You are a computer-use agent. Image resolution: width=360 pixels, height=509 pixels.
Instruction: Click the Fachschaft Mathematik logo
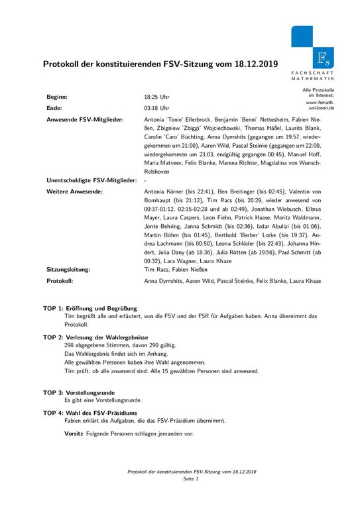pos(316,50)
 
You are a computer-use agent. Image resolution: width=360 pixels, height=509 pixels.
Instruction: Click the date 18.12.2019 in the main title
pos(254,65)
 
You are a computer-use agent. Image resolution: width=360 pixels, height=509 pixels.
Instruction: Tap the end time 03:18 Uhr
pos(156,107)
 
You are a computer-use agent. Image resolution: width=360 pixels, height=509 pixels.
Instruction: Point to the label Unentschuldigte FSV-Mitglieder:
pos(91,180)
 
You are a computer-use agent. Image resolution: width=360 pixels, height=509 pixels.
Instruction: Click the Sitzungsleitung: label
pos(69,270)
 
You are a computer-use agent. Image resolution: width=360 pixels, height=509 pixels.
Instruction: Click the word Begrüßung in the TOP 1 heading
pos(121,309)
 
